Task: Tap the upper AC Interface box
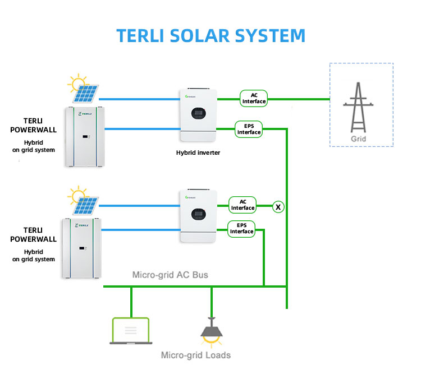(254, 99)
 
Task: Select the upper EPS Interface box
(249, 130)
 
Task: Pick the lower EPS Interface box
(241, 228)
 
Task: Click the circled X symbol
(278, 207)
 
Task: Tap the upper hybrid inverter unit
(198, 115)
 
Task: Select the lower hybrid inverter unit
(198, 216)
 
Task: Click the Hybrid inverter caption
(198, 153)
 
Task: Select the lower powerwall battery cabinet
(83, 248)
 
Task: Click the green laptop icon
(131, 330)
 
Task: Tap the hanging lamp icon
(211, 331)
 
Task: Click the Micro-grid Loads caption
(195, 355)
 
